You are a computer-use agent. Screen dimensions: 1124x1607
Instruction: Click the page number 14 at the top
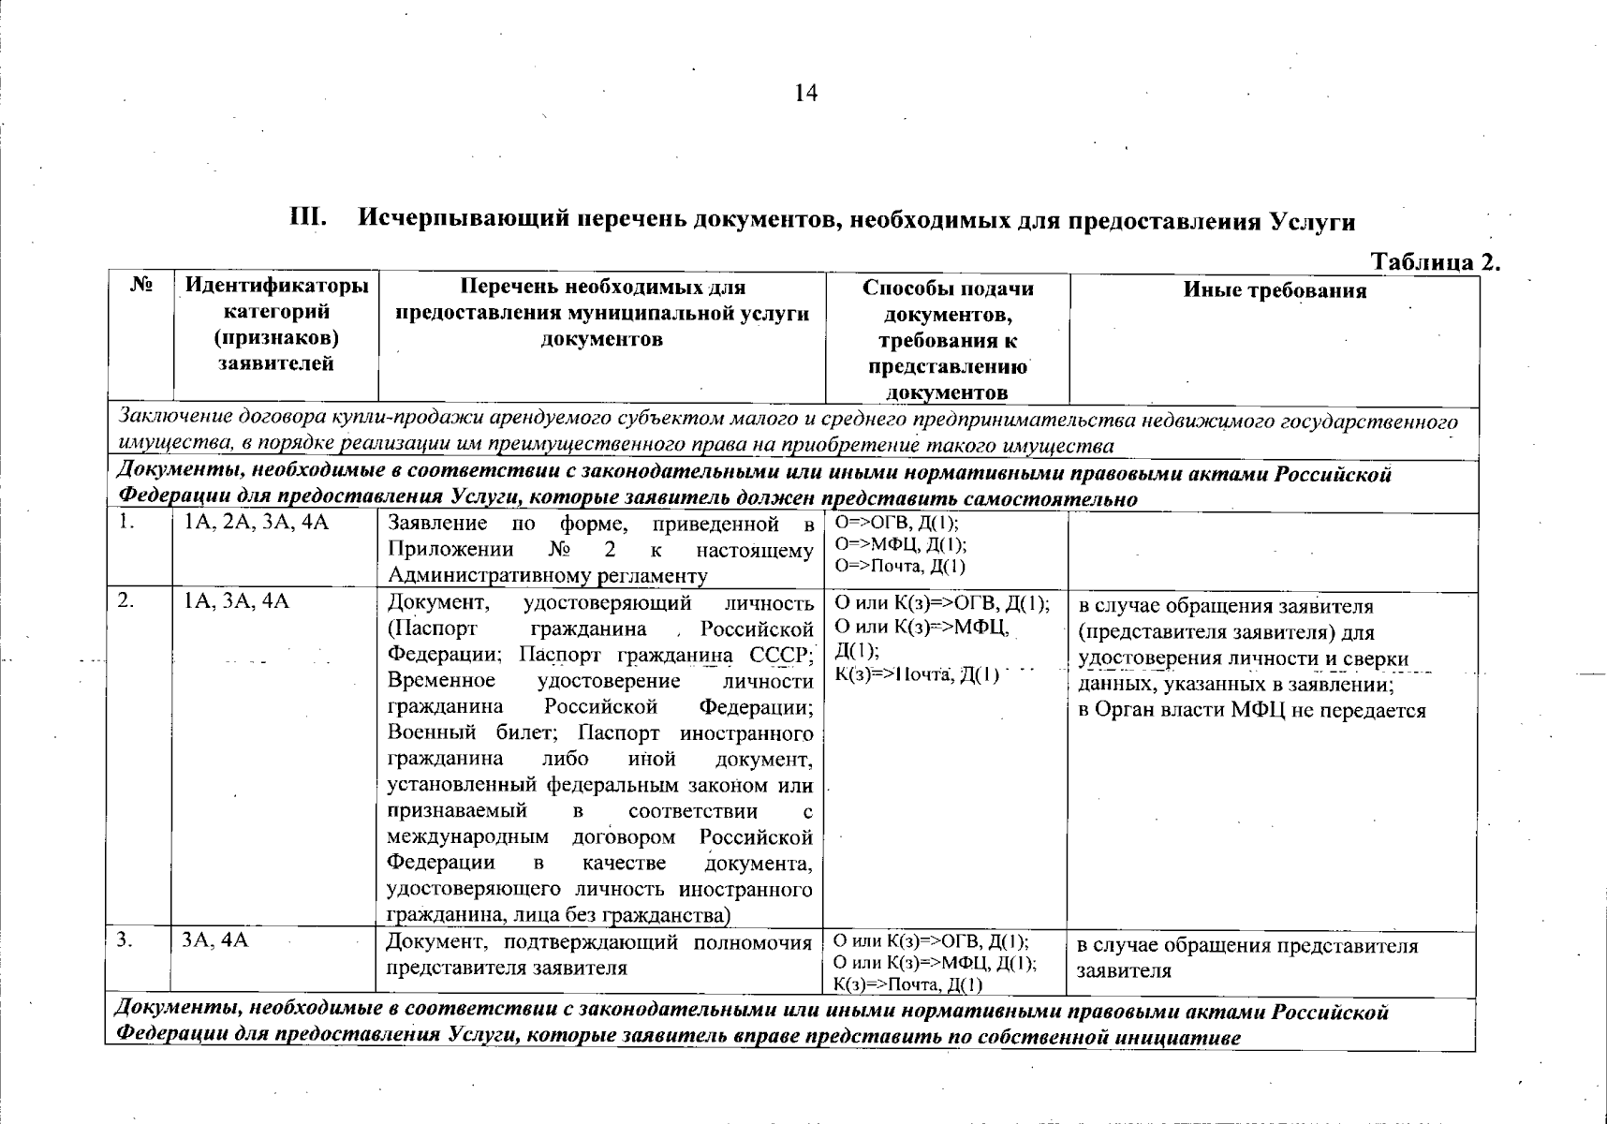(x=805, y=93)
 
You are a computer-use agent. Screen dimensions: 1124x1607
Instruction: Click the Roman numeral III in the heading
(x=308, y=220)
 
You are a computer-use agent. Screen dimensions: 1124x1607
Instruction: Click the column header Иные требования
(x=1275, y=290)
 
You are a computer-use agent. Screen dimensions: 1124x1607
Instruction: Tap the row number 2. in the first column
(x=126, y=602)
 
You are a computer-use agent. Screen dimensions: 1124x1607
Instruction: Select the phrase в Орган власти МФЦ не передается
(x=1251, y=710)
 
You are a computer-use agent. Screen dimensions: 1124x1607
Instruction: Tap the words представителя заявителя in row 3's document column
(x=507, y=968)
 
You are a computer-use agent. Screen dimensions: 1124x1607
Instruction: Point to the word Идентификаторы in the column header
(x=276, y=286)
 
